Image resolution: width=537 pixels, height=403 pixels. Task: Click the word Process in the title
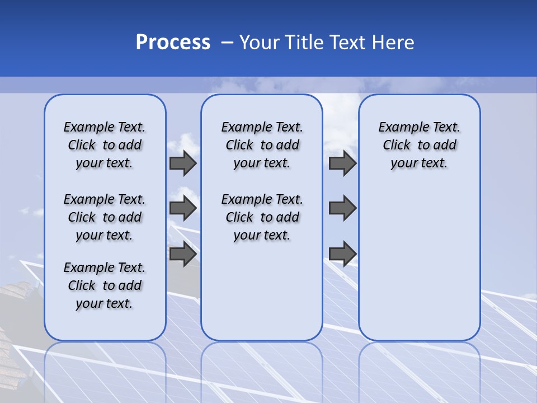173,43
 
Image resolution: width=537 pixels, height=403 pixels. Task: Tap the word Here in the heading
392,43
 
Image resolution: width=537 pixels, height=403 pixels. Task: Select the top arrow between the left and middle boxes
182,163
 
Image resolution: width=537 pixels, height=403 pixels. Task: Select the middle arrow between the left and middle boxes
182,208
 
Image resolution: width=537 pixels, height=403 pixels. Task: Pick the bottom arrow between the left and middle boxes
182,254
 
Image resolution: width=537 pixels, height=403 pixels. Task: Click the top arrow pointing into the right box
342,163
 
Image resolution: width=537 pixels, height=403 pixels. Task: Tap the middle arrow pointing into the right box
342,208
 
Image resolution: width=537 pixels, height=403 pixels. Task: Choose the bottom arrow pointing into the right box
342,254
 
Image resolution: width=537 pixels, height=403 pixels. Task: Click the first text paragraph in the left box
105,145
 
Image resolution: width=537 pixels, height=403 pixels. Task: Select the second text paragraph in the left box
105,217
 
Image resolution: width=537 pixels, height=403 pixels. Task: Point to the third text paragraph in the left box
105,285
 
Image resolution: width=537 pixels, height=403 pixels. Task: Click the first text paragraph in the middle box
262,145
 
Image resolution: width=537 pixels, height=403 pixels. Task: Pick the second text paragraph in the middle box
262,217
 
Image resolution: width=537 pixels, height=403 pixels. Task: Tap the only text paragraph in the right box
419,145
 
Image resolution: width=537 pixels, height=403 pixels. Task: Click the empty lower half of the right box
419,269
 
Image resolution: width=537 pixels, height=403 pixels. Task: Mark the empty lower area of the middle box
262,291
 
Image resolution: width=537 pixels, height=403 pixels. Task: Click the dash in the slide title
227,43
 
